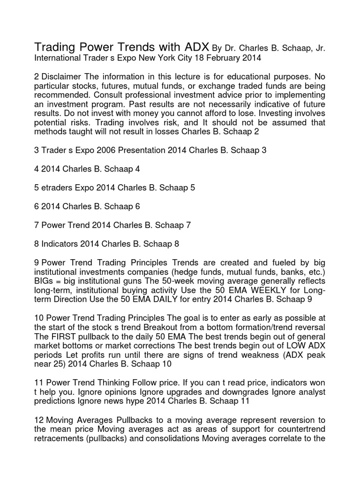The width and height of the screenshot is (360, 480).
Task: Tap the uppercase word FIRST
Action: pyautogui.click(x=63, y=336)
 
